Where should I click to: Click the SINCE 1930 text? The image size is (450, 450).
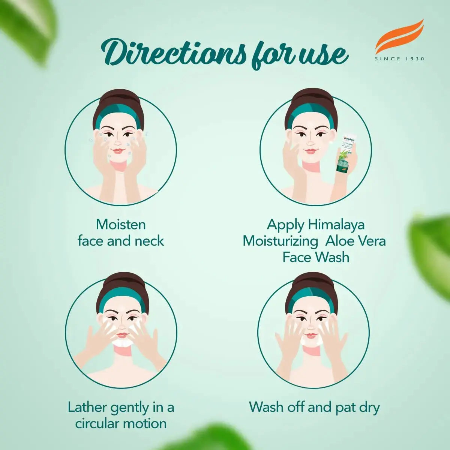(x=400, y=59)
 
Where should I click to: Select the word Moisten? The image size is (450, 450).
(x=121, y=224)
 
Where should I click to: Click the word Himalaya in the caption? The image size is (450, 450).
(x=336, y=224)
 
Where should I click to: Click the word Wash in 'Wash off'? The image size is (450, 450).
(x=266, y=407)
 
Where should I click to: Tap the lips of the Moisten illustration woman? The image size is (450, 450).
(x=118, y=151)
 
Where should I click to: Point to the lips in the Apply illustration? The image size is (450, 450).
(x=310, y=151)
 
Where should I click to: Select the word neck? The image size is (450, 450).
(x=150, y=241)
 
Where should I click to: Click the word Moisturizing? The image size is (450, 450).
(x=280, y=241)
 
